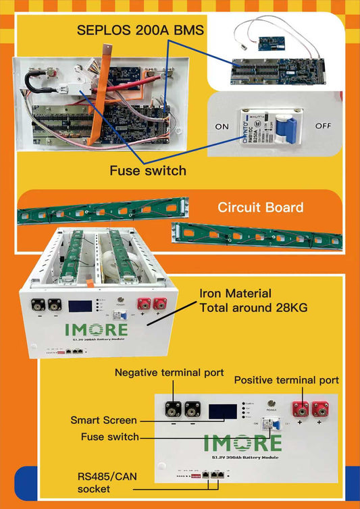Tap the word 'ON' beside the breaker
click(222, 126)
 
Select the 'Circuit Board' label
click(260, 207)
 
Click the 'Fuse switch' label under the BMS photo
click(148, 170)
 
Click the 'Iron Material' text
click(235, 294)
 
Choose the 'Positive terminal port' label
click(286, 380)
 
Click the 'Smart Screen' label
click(103, 420)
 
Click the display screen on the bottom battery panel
click(223, 412)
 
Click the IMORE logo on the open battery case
click(96, 329)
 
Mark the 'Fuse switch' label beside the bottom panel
click(110, 436)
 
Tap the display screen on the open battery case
click(80, 306)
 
